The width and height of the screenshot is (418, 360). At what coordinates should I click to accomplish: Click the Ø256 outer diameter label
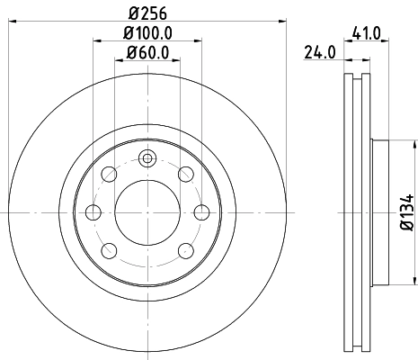tap(147, 13)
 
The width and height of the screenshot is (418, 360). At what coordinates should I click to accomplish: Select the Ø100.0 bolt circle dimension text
tap(147, 33)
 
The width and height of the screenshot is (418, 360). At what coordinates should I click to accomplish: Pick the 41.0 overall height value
tap(369, 33)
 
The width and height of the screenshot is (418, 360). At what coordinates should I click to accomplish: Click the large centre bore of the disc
tap(147, 212)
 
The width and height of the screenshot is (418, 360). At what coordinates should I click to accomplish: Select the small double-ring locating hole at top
tap(147, 159)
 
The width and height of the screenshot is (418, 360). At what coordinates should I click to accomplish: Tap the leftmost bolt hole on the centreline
tap(93, 212)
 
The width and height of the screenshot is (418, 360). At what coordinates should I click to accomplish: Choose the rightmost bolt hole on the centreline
tap(200, 212)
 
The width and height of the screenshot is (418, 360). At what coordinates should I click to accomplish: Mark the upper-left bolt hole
tap(108, 174)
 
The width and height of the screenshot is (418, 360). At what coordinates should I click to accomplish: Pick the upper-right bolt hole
tap(185, 174)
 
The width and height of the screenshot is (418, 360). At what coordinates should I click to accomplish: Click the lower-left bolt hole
tap(108, 251)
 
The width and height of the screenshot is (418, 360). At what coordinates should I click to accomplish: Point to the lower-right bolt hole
tap(185, 251)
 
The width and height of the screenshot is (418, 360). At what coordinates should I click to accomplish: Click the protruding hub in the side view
tap(380, 212)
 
